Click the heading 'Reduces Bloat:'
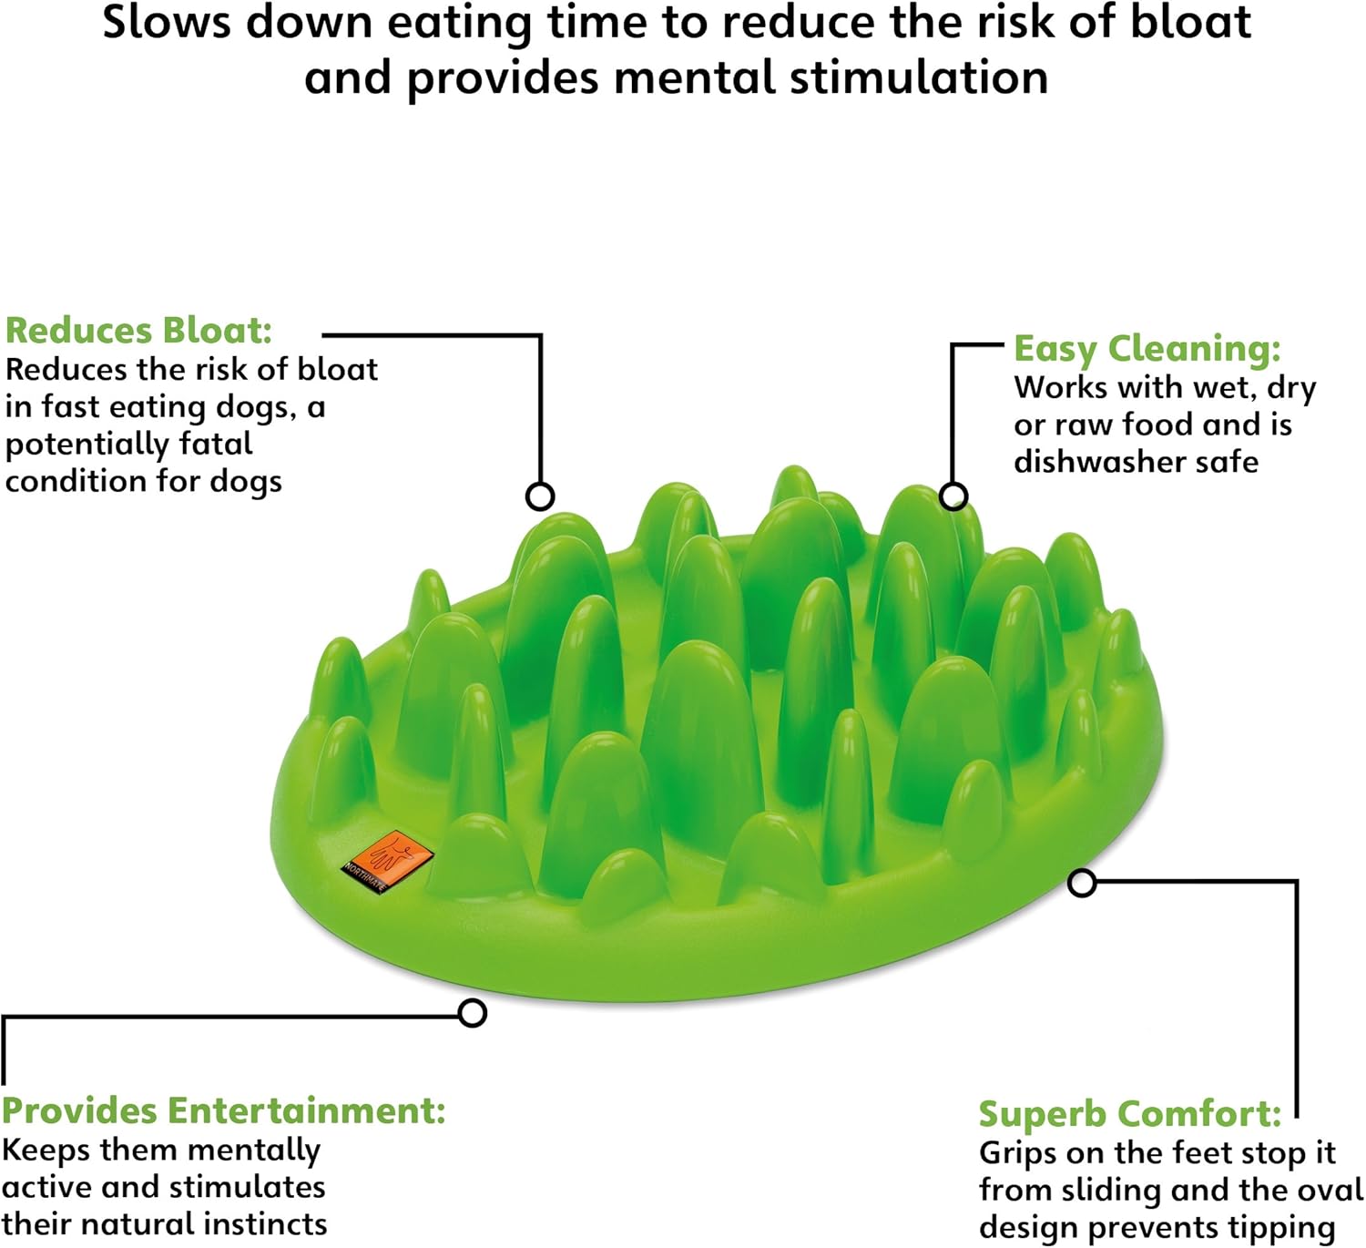[x=138, y=330]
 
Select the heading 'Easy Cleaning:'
[x=1147, y=348]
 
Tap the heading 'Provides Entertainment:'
[x=223, y=1110]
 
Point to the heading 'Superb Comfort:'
[x=1129, y=1113]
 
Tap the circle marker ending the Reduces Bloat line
[x=540, y=496]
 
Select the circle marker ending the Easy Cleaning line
[x=953, y=496]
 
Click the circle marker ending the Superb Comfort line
[x=1082, y=883]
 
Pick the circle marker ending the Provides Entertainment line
[x=472, y=1013]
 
